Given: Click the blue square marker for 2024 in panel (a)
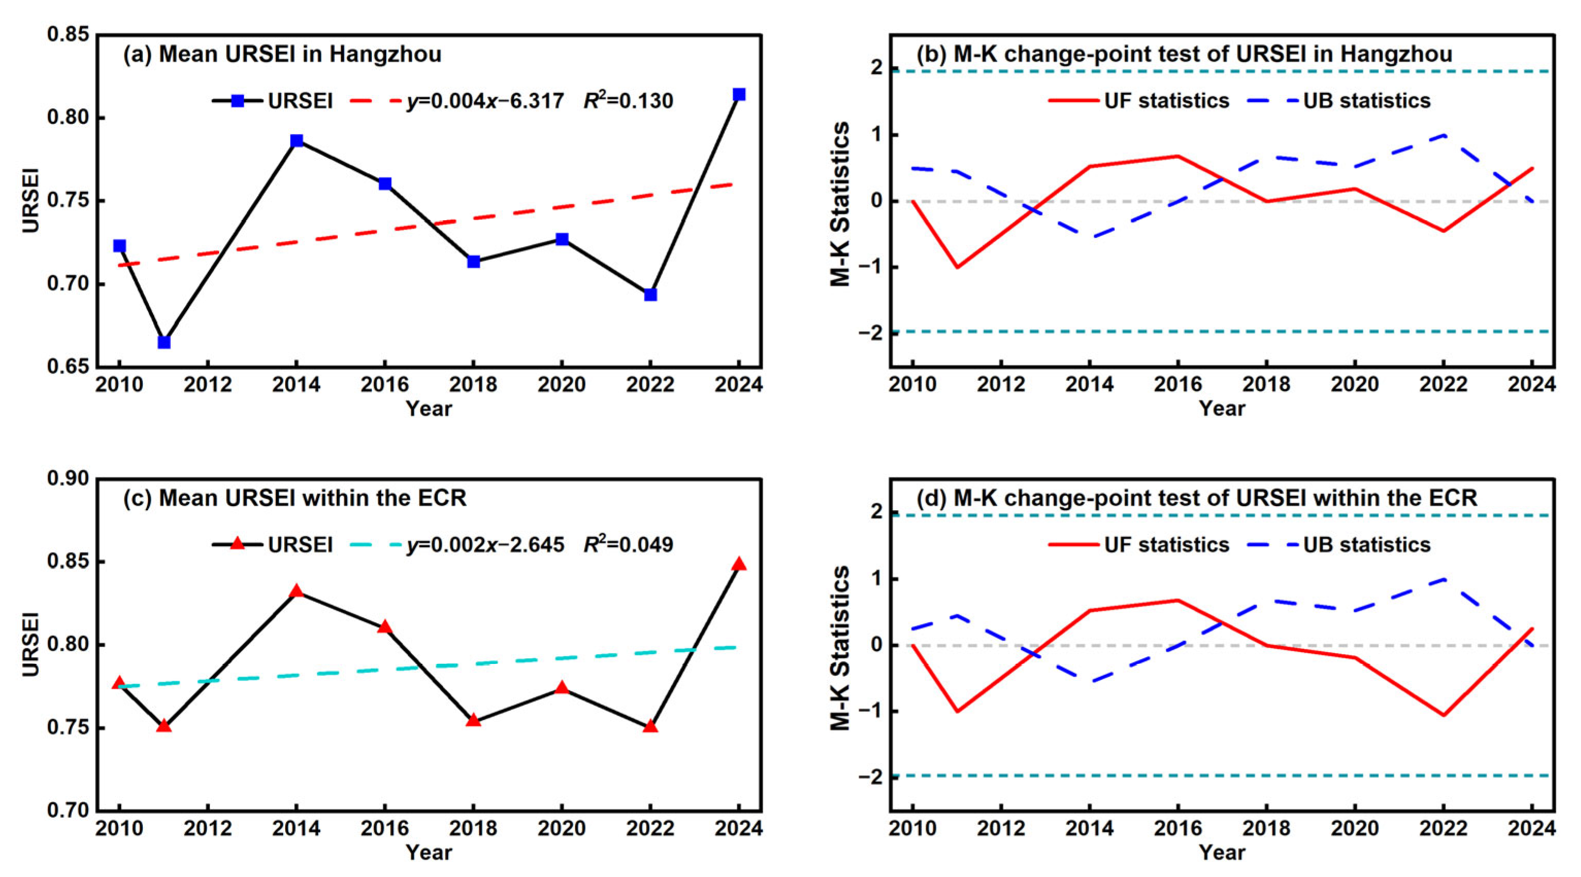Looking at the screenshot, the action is (739, 94).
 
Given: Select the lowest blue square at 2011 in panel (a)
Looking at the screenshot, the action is (164, 342).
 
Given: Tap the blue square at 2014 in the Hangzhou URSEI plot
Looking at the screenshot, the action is (297, 141).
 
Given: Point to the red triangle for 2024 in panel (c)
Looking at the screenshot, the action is (739, 564).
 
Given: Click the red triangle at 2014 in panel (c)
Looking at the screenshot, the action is (297, 591).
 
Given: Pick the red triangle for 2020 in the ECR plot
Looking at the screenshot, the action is (562, 687).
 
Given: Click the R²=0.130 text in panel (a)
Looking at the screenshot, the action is (628, 100).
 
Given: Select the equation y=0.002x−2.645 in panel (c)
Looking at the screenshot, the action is (485, 545).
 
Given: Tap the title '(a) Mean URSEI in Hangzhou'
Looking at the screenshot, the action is (283, 55).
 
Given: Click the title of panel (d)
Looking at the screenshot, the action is (1196, 498).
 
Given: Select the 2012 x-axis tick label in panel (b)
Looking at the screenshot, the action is (1001, 385).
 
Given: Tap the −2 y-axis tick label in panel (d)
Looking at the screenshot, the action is (870, 777).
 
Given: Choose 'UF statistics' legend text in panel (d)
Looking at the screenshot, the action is (1167, 545).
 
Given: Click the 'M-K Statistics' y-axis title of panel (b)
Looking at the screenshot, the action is (841, 203).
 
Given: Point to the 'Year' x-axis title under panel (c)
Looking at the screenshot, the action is (429, 852).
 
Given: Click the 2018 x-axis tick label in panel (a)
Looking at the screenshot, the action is (473, 385).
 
